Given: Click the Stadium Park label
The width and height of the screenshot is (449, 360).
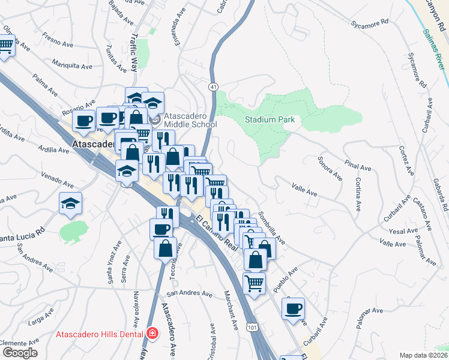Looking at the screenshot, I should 270,119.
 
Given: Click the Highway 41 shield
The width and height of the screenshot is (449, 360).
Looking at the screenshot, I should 213,88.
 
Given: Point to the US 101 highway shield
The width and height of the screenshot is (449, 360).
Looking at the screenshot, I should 253,326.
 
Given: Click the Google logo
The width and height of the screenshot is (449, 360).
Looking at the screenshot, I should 19,353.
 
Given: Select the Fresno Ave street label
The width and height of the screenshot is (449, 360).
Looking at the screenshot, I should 57,40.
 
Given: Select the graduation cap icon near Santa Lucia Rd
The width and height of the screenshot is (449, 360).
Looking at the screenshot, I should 71,203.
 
